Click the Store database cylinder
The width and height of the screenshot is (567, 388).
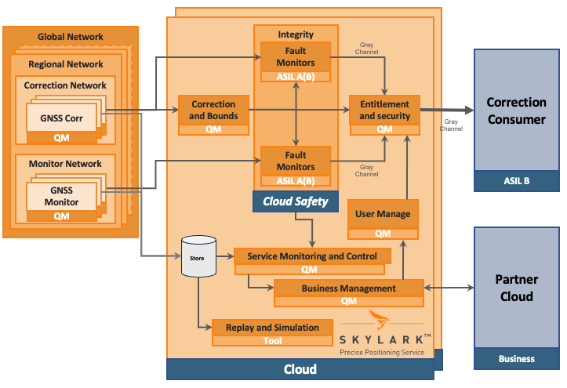coord(198,256)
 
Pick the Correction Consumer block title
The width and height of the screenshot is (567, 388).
coord(516,111)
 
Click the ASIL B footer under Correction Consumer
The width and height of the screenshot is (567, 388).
coord(516,181)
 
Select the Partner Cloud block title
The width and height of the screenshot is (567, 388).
coord(516,288)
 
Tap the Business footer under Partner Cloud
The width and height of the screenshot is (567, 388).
coord(516,359)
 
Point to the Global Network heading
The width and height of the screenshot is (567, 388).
coord(71,37)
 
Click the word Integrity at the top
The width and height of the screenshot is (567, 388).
coord(296,34)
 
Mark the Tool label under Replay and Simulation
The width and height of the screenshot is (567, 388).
coord(272,341)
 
